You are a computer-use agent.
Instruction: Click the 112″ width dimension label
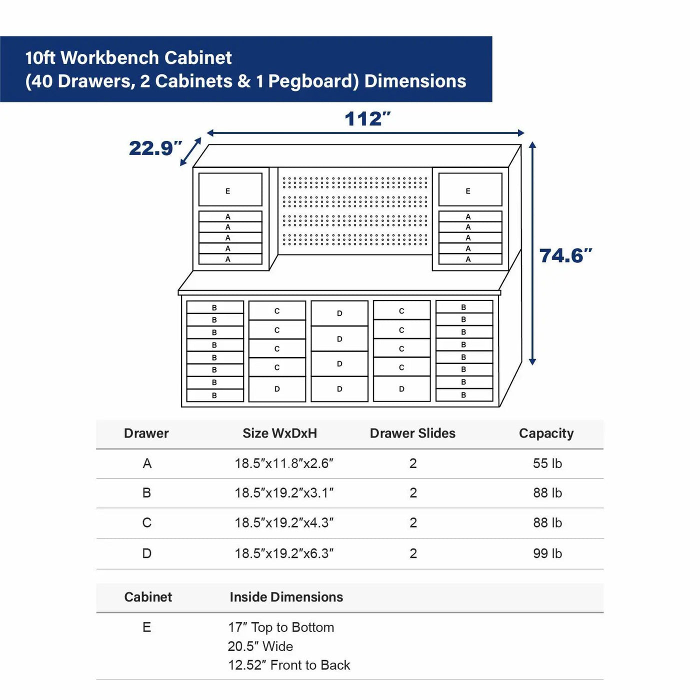[x=367, y=119]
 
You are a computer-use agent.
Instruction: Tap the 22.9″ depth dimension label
[x=155, y=148]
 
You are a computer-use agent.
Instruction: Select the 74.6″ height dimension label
[x=565, y=255]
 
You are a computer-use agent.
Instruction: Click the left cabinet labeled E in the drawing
[x=230, y=189]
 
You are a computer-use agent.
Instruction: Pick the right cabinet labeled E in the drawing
[x=470, y=189]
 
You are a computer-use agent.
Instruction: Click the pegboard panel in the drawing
[x=355, y=211]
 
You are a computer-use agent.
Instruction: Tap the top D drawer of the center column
[x=339, y=313]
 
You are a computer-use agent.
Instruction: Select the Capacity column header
[x=546, y=433]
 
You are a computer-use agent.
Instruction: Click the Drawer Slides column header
[x=412, y=433]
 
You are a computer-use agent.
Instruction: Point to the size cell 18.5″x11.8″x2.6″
[x=283, y=463]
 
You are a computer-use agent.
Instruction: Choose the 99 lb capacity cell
[x=547, y=553]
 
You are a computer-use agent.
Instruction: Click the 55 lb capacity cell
[x=547, y=463]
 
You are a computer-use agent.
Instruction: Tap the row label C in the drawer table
[x=147, y=522]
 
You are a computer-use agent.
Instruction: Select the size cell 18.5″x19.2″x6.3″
[x=283, y=553]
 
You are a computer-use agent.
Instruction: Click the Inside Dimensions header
[x=286, y=597]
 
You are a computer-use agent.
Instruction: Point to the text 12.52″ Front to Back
[x=289, y=665]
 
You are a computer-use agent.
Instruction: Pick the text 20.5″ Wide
[x=260, y=646]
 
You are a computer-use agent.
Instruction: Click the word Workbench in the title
[x=110, y=58]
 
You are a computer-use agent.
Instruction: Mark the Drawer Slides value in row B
[x=413, y=493]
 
